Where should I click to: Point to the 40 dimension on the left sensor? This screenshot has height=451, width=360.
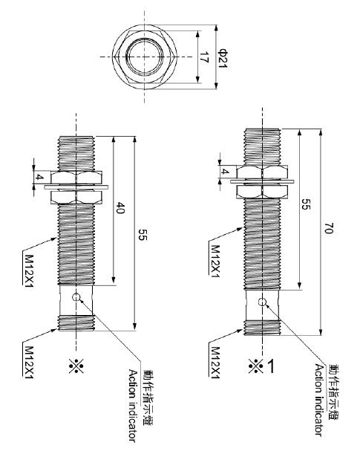[x=119, y=210]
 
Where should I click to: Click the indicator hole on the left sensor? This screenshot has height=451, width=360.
[x=76, y=298]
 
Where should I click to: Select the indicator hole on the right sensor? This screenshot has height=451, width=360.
[x=261, y=302]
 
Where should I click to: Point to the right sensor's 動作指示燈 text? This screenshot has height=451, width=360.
[x=331, y=394]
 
